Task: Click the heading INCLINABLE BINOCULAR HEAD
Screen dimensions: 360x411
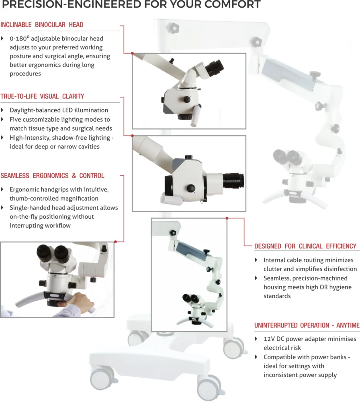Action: pos(42,24)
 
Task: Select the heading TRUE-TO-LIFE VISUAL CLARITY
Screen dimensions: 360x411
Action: pos(42,96)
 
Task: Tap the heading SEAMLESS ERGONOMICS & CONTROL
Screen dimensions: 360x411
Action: pos(53,176)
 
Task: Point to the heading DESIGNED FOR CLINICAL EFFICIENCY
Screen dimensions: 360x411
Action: pos(305,246)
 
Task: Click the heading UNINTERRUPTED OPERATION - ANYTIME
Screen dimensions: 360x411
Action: pos(307,325)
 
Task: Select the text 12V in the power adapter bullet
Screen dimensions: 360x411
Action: pos(269,339)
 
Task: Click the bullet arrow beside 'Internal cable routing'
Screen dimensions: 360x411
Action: pos(256,260)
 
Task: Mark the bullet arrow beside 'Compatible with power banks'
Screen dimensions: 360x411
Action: pos(256,357)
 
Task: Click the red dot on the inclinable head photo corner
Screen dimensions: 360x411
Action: pos(133,53)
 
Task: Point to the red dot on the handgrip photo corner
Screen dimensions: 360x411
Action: pos(115,242)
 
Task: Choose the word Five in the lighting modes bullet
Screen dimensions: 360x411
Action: pos(15,120)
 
